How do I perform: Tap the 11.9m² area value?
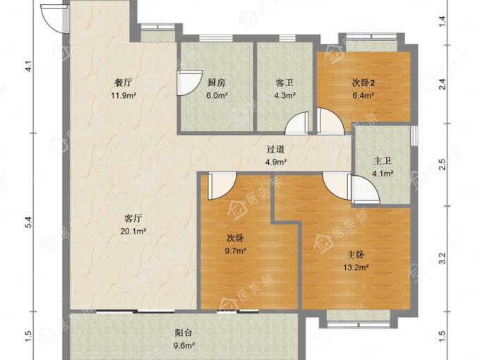point(124,95)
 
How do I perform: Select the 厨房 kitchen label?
point(217,83)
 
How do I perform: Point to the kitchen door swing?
point(190,83)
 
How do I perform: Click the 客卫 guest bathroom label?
point(284,83)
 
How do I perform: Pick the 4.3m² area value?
point(284,95)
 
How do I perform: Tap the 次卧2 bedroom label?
point(364,83)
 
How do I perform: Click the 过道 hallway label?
point(276,149)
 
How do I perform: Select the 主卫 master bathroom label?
point(383,161)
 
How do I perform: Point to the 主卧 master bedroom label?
point(356,255)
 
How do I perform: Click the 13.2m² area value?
point(356,268)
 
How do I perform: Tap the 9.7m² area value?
point(236,251)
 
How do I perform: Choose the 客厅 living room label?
point(133,218)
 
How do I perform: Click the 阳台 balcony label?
point(184,332)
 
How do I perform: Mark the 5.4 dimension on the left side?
point(28,222)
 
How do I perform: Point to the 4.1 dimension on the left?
point(28,66)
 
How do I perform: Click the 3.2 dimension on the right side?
point(443,258)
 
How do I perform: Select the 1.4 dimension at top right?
point(443,21)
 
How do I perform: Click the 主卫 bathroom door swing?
point(366,190)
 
